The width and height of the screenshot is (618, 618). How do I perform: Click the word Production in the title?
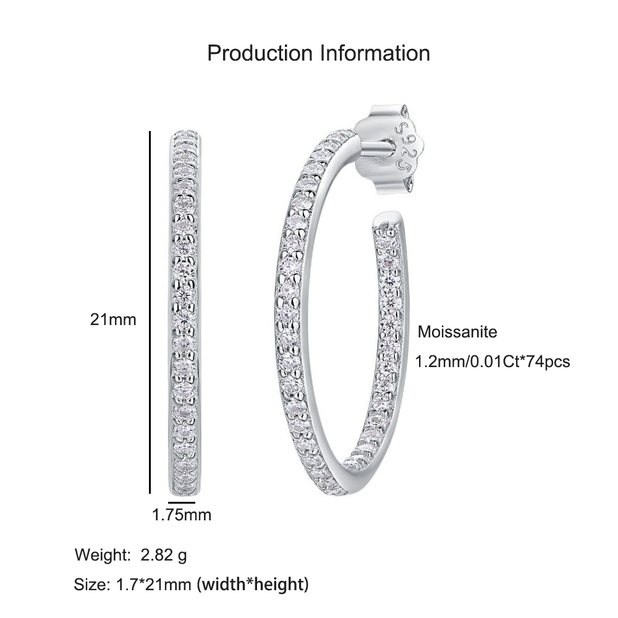[260, 53]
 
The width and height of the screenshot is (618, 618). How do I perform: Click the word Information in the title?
[375, 53]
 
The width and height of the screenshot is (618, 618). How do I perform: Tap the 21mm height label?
[113, 320]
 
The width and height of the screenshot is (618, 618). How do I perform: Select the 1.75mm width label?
[182, 515]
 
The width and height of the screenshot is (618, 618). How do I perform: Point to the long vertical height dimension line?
[150, 312]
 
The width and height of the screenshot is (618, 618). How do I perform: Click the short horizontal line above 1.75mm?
[182, 502]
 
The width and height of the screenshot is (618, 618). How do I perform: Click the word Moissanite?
[457, 332]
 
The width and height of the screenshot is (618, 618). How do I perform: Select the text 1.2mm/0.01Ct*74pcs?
[493, 362]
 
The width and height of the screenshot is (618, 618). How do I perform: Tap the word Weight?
[103, 556]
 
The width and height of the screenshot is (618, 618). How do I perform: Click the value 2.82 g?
[164, 556]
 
